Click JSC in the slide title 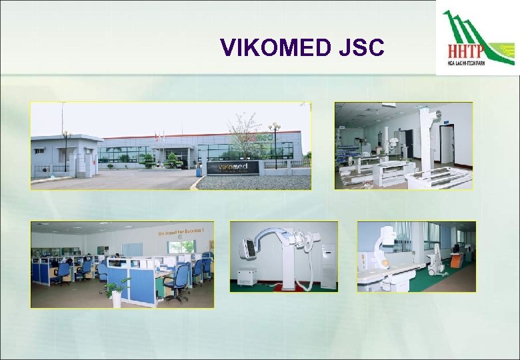point(359,47)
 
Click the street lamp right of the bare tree point(274,143)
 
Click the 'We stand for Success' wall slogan point(181,231)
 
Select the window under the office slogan point(181,246)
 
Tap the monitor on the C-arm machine point(248,249)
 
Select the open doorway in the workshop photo point(446,144)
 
